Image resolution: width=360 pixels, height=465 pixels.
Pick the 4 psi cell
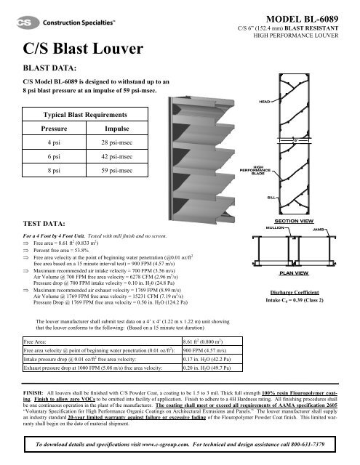pos(53,142)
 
